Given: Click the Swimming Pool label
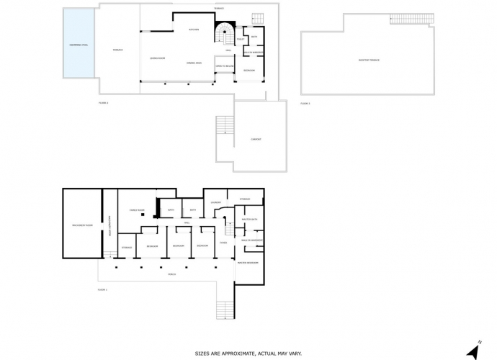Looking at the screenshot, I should (79, 45).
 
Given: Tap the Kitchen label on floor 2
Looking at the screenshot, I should (194, 30).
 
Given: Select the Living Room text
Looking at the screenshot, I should (158, 58).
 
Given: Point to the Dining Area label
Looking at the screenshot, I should (193, 62).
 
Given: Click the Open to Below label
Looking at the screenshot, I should (225, 66).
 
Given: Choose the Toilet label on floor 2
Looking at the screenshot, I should (240, 40).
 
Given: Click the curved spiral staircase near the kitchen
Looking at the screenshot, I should (225, 32).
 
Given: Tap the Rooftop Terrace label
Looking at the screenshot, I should (368, 60).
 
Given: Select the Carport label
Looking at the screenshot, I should (256, 139).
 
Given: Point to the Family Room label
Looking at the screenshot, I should (137, 210).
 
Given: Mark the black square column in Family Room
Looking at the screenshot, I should (143, 215).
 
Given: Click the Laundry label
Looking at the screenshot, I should (215, 202).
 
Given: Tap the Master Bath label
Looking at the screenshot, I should (249, 218).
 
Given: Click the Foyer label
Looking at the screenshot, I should (223, 243).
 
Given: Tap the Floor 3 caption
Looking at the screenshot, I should (305, 104).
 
